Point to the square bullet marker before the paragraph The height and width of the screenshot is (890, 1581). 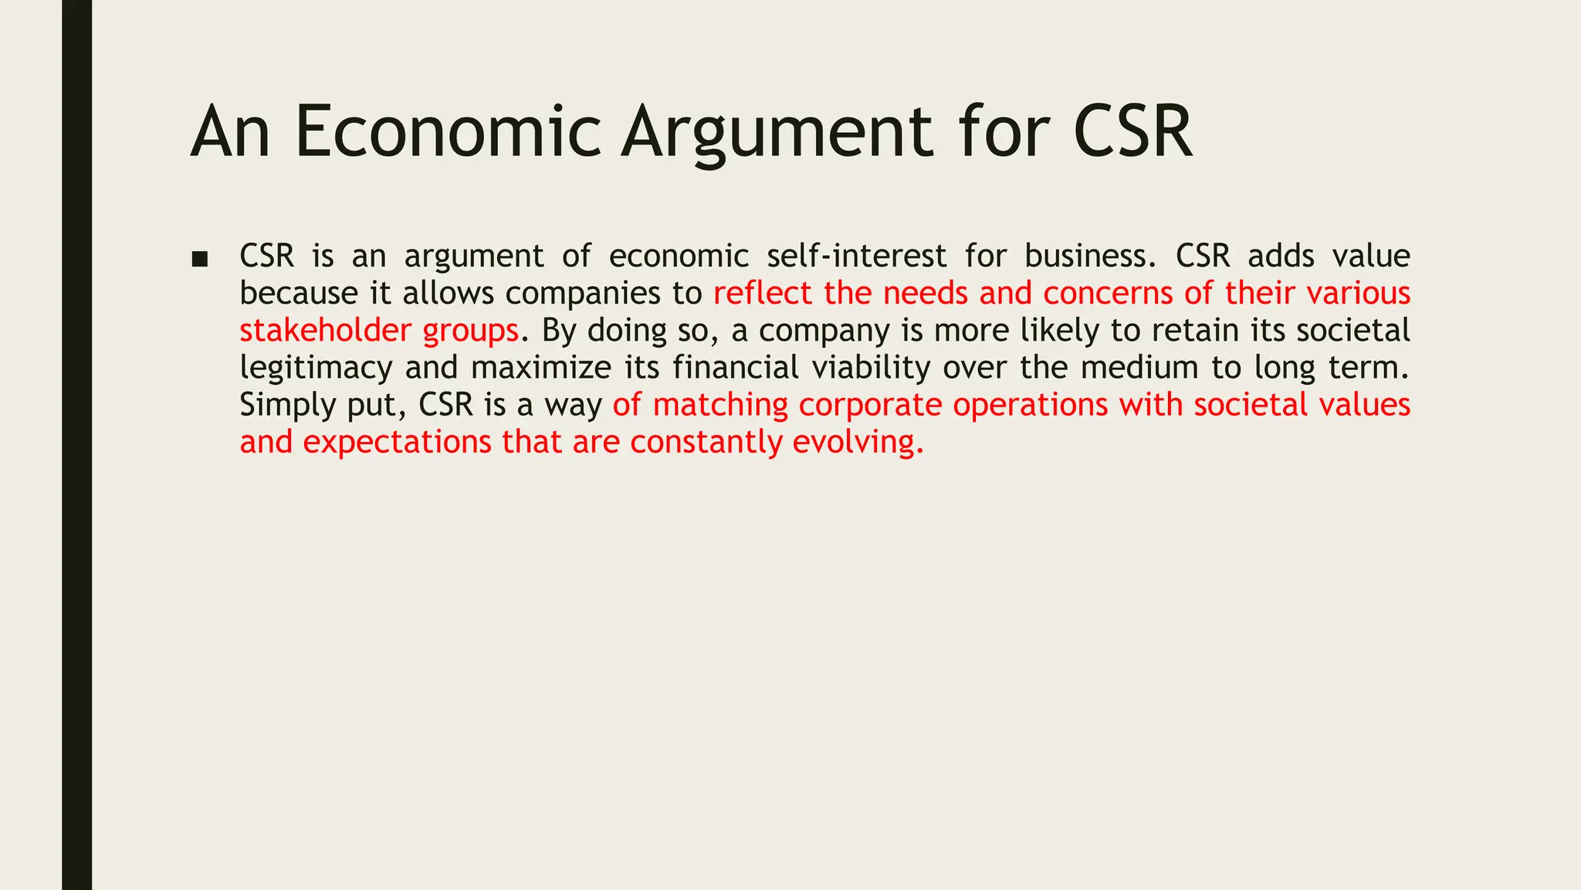(199, 259)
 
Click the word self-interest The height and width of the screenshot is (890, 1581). (857, 256)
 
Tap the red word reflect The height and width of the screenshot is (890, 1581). (763, 293)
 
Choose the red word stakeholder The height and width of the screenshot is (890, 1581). (325, 330)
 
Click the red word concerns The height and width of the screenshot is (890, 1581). (1108, 293)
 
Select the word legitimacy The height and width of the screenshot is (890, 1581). (316, 368)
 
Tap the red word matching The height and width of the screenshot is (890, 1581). (720, 405)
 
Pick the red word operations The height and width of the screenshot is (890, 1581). (1031, 405)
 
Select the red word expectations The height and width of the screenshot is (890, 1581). (397, 442)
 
